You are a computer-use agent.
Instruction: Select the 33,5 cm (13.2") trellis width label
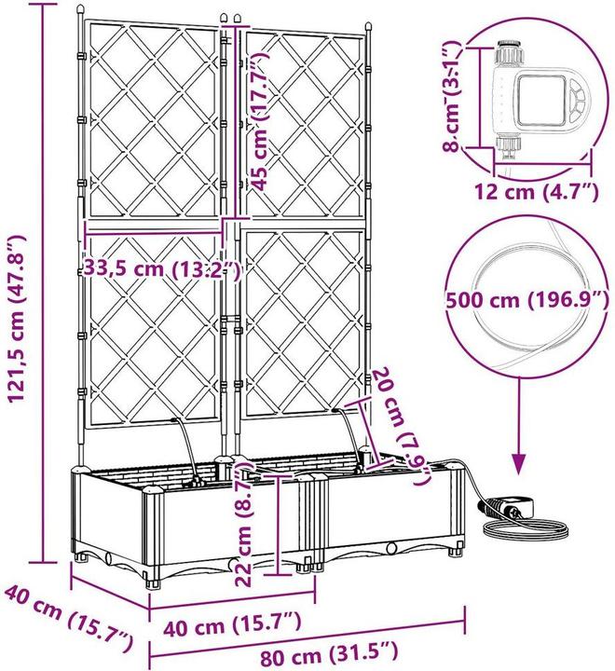(x=161, y=268)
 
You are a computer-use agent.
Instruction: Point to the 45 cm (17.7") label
(x=260, y=120)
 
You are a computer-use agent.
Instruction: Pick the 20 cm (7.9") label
(x=401, y=426)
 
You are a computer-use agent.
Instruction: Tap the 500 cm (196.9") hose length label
(x=526, y=299)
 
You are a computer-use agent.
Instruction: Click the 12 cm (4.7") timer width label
(x=535, y=191)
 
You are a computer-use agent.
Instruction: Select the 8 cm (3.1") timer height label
(x=452, y=97)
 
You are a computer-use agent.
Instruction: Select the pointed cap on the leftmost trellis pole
(x=80, y=9)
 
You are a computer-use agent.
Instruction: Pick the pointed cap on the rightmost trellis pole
(x=368, y=27)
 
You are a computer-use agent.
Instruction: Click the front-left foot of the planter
(x=155, y=584)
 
